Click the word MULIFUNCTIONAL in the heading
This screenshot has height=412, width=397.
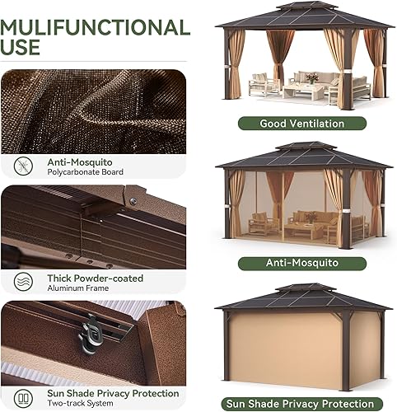click(x=95, y=27)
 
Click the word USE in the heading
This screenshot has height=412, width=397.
click(x=21, y=49)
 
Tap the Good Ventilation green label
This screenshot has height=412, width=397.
click(x=301, y=124)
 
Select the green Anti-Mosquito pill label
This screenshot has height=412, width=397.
click(x=301, y=264)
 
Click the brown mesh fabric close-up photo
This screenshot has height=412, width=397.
click(x=92, y=110)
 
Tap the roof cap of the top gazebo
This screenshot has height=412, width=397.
click(x=306, y=7)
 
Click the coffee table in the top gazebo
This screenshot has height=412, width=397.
click(x=305, y=91)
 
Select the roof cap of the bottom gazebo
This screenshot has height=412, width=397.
click(x=306, y=288)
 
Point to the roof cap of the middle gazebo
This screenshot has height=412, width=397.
click(x=306, y=147)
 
